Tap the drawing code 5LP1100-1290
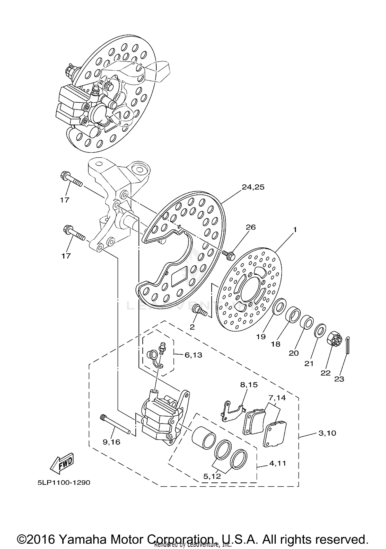[x=64, y=483]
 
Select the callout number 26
[x=250, y=227]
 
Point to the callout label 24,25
[x=253, y=187]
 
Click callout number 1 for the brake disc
[x=295, y=230]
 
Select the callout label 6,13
[x=193, y=355]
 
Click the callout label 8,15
[x=249, y=385]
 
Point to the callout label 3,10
[x=327, y=433]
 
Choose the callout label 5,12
[x=212, y=476]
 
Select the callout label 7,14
[x=277, y=398]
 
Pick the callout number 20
[x=293, y=353]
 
